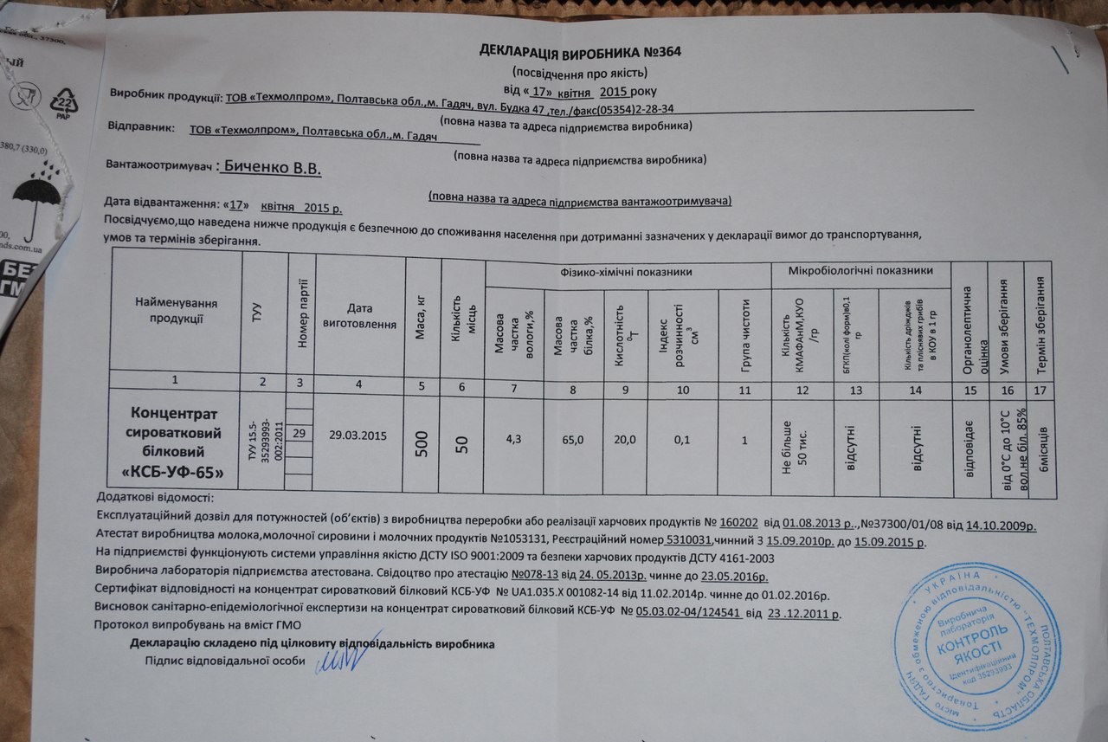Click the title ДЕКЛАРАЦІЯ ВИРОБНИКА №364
tap(581, 52)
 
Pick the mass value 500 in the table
tap(422, 440)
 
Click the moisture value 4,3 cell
tap(513, 439)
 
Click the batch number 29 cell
tap(299, 432)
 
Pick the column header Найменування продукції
tap(175, 310)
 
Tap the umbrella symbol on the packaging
tap(35, 197)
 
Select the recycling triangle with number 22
tap(66, 102)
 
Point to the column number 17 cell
tap(1040, 390)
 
